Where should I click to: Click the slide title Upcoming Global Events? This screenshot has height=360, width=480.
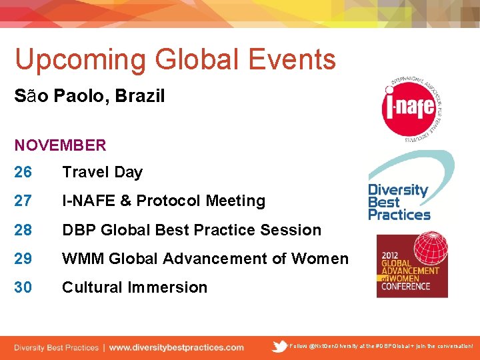[175, 59]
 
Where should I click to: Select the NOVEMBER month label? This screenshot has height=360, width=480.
[61, 145]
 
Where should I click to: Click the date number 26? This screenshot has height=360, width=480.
[23, 172]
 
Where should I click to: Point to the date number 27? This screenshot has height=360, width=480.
[23, 201]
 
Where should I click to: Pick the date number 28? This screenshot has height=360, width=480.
[23, 230]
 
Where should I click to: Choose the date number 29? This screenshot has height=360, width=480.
[23, 259]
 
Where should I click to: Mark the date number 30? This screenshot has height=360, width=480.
[23, 287]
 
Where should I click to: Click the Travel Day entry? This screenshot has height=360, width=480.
[102, 172]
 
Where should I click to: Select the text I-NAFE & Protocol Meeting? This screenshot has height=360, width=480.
[163, 201]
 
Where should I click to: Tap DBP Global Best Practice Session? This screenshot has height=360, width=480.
[191, 230]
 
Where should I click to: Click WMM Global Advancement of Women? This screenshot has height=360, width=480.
[205, 259]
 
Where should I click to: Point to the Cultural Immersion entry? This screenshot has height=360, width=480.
[135, 287]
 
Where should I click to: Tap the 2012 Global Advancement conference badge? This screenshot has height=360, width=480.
[411, 265]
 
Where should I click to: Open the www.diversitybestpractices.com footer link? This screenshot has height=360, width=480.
[176, 347]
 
